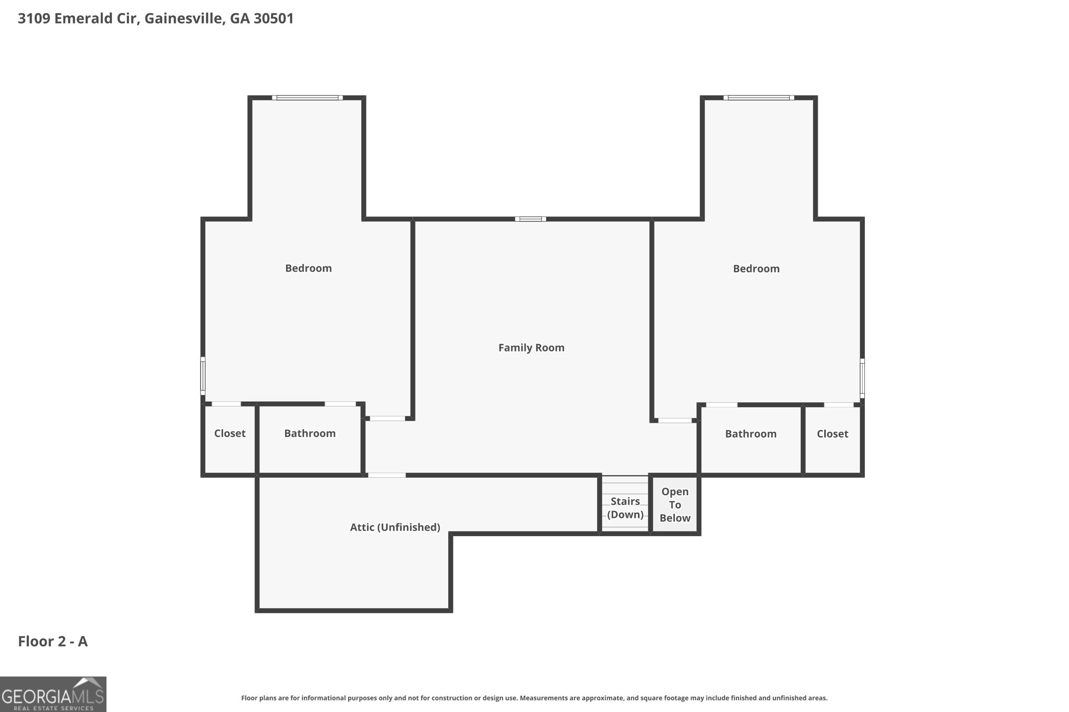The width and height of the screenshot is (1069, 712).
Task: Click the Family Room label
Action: (x=531, y=347)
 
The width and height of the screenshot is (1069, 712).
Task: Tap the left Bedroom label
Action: (x=308, y=268)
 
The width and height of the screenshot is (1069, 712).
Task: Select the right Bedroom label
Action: (x=756, y=269)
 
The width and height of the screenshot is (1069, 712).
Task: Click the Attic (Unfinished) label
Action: (x=395, y=527)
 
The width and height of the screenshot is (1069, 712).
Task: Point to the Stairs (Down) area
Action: (x=625, y=507)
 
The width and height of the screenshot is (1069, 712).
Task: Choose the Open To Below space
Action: (x=674, y=504)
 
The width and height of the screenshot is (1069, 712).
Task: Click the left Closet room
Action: (x=230, y=433)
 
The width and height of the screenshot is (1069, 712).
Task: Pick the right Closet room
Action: (x=832, y=434)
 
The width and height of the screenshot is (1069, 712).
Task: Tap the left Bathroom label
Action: (x=310, y=433)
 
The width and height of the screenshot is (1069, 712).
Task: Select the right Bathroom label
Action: (x=750, y=434)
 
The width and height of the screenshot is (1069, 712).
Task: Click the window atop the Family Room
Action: (x=530, y=219)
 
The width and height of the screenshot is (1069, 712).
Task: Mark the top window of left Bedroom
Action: (x=307, y=98)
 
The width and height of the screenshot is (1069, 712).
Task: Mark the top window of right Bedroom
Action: (x=758, y=98)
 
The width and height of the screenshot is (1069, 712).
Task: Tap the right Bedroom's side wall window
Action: (x=862, y=378)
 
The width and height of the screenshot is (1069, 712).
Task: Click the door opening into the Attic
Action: (x=386, y=475)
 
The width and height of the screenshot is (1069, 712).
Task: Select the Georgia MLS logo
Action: (x=53, y=694)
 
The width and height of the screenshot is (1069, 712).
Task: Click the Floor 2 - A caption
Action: (x=53, y=641)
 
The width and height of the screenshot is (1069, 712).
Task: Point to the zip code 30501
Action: (x=274, y=18)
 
